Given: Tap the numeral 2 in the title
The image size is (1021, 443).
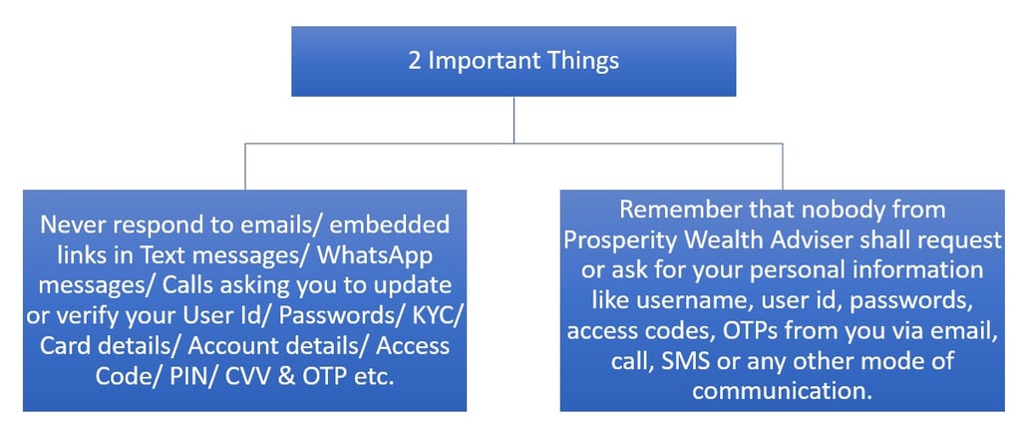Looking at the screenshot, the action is (415, 61).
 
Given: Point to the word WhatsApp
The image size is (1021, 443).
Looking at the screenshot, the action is (375, 254).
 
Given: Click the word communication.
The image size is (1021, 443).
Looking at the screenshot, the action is (782, 392).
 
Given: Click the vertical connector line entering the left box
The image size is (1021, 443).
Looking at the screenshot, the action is (245, 166).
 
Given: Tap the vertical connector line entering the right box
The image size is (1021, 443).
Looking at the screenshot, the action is (782, 166).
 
